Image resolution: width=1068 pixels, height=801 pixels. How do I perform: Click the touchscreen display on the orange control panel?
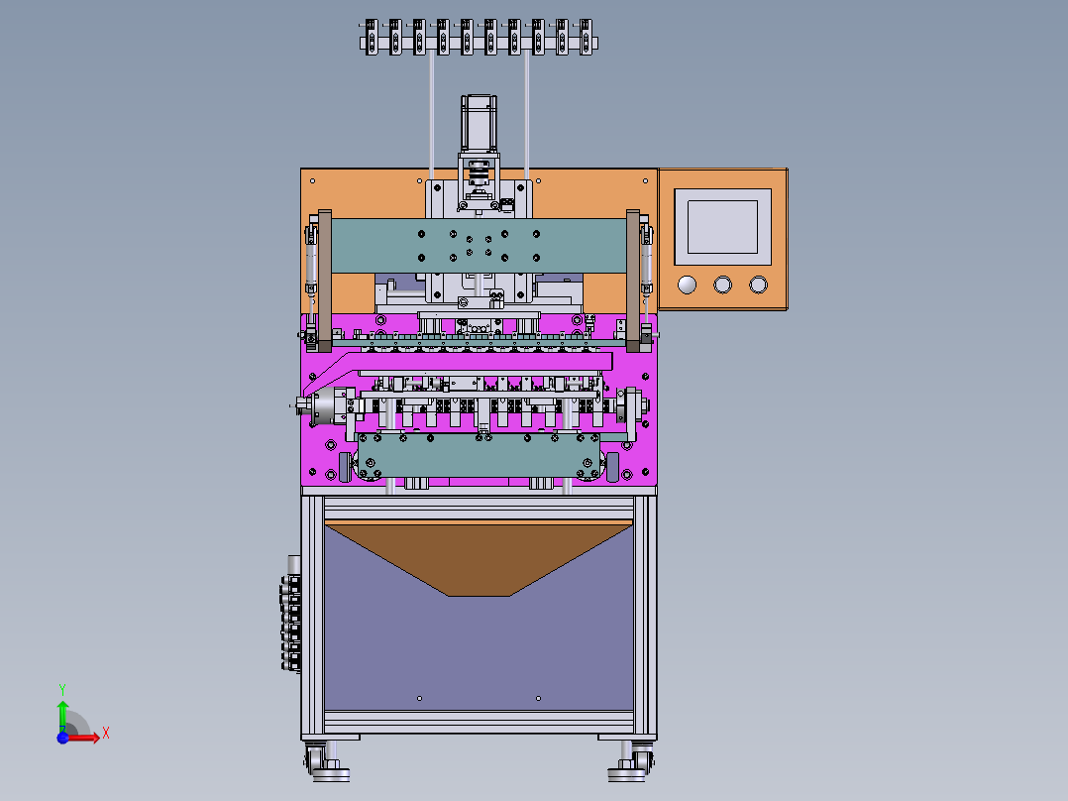[722, 227]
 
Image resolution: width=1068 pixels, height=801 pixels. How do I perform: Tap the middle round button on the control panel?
[722, 285]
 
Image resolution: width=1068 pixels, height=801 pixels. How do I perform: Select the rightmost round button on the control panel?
[758, 285]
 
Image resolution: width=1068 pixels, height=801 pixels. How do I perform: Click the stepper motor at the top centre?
[479, 123]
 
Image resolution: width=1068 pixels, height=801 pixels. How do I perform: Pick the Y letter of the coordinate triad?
[62, 689]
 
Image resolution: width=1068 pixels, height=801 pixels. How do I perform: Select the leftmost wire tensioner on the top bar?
[372, 38]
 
